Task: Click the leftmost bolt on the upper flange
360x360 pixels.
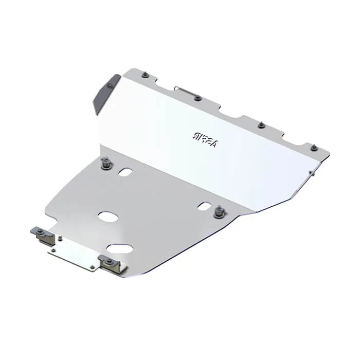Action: tap(146, 75)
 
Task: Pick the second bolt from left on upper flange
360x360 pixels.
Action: tap(197, 98)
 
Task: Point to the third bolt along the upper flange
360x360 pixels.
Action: tap(261, 125)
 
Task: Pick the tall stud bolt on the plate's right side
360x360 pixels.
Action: tap(220, 211)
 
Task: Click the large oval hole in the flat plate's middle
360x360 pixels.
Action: tap(108, 217)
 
